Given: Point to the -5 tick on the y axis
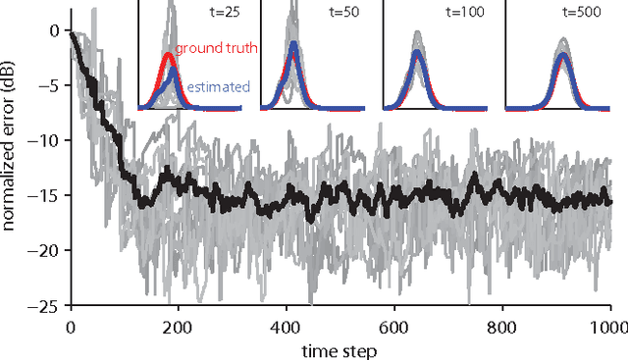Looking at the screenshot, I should (52, 85).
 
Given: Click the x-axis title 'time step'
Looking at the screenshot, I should (340, 347).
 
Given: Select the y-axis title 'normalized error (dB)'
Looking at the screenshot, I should (12, 167).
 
